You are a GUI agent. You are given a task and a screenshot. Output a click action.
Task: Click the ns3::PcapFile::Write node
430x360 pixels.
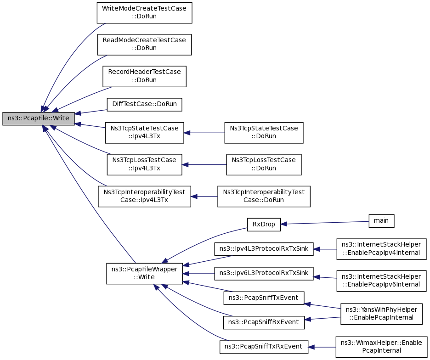tap(39, 118)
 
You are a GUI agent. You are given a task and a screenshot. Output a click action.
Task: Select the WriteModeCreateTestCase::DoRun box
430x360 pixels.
tap(144, 12)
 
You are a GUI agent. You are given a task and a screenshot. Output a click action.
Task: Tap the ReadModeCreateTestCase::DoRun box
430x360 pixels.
tap(144, 45)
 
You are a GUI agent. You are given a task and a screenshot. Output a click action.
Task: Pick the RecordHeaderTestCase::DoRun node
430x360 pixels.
tap(144, 76)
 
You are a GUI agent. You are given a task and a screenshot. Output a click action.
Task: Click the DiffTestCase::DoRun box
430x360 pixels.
tap(144, 104)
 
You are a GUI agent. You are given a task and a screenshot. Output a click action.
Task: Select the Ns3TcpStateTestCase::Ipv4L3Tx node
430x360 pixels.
tap(144, 133)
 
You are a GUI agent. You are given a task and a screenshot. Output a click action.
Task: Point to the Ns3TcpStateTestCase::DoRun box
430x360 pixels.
tap(264, 133)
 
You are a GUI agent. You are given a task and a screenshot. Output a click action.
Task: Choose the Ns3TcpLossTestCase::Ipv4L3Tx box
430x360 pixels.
tap(144, 164)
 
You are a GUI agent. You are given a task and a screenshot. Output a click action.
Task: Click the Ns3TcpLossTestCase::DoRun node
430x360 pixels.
tap(264, 164)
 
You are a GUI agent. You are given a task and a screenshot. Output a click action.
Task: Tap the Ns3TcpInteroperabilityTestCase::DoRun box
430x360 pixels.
tap(264, 197)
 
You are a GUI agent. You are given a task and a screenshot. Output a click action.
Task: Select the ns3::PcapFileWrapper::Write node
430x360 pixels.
tap(144, 273)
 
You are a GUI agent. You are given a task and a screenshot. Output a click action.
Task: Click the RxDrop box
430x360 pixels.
tap(264, 225)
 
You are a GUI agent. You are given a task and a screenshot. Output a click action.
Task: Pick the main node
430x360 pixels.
tap(381, 221)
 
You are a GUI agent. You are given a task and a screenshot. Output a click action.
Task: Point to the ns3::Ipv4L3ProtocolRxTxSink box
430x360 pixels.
tap(264, 249)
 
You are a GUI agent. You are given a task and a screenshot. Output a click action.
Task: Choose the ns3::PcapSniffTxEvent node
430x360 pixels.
tap(264, 298)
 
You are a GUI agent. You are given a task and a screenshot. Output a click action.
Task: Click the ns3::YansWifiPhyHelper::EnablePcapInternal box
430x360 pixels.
tap(381, 314)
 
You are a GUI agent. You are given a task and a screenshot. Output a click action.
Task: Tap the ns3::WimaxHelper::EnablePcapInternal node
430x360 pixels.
tap(381, 347)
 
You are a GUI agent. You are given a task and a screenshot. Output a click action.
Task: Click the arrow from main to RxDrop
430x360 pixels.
tap(325, 223)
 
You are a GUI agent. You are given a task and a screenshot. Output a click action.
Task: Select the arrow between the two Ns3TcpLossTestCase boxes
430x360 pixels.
tap(204, 165)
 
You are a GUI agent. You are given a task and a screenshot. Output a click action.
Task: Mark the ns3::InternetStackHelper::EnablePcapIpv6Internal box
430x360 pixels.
tap(381, 281)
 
